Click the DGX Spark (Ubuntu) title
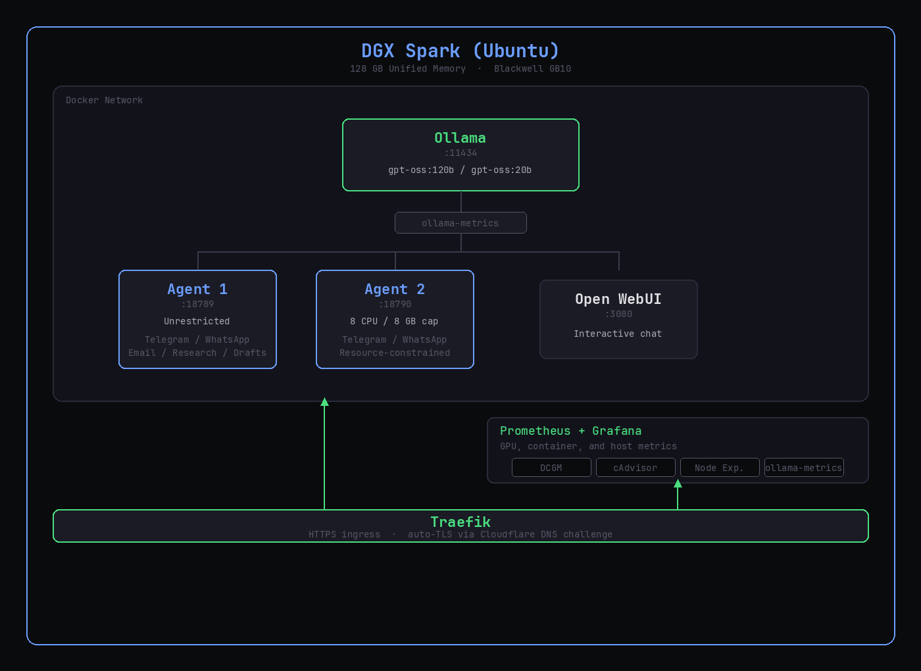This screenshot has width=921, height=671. pos(460,51)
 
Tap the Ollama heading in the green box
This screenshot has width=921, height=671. pos(460,138)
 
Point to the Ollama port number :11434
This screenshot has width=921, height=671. pos(460,153)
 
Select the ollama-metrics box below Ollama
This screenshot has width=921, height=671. pos(460,223)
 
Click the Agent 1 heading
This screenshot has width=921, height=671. pos(197,289)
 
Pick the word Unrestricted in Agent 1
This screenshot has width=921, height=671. pos(197,321)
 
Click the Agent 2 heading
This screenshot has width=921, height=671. pos(395,289)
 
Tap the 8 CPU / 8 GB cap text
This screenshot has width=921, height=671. pos(394,321)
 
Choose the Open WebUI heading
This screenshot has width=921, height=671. pos(618,299)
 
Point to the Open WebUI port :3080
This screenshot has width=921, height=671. pos(618,314)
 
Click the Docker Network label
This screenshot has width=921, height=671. pos(104,100)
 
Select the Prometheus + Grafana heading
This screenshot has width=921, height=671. pos(570,431)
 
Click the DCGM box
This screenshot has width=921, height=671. pos(551,468)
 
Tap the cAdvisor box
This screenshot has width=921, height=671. pos(635,468)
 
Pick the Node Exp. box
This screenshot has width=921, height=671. pos(720,468)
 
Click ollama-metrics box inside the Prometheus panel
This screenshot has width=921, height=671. pos(804,468)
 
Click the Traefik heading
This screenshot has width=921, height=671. pos(460,522)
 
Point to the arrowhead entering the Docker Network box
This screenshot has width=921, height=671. pos(324,402)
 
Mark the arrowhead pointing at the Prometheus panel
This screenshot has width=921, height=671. pos(678,484)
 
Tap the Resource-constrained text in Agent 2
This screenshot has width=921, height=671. pos(395,353)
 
